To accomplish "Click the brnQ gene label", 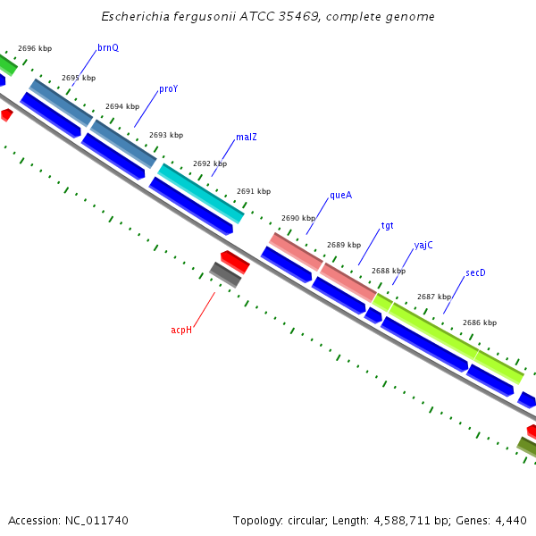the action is pos(107,47).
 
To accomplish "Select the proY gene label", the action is pos(168,89).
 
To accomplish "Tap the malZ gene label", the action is pos(247,138).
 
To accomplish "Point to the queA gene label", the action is pos(340,195).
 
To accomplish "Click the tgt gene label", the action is pos(387,226).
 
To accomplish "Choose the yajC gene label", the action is pos(423,246).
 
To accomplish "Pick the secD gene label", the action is pos(475,273).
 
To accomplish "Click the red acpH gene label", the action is pos(181,331).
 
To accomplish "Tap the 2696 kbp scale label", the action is pos(35,48).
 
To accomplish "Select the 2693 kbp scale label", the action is pos(166,135).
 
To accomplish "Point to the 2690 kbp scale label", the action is pos(298,218).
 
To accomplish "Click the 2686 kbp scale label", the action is pos(480,322).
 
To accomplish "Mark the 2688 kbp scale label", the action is pos(389,271).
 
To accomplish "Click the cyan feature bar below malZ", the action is pos(201,193).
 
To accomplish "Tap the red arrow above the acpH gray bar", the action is pos(235,261).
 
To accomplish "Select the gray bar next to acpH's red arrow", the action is pos(225,274).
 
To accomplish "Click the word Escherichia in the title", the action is pos(133,17).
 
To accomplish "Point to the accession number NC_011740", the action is pos(97,520).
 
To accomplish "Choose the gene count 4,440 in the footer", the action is pos(509,520).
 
